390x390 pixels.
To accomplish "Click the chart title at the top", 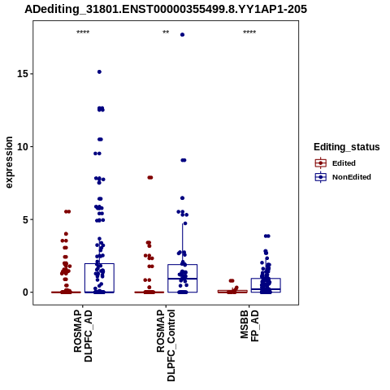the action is pos(166,9).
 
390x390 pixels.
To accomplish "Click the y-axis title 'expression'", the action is pos(9,162).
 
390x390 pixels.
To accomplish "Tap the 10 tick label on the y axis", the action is pos(23,146).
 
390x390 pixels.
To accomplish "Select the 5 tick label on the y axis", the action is pos(25,219).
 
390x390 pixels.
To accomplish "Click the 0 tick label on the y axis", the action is pos(25,292).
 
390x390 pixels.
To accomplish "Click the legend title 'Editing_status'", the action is pos(347,147).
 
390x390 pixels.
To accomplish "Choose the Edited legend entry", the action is pos(335,163).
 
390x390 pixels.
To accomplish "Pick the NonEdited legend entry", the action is pos(343,177).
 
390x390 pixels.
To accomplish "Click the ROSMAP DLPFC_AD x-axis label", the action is pos(83,336).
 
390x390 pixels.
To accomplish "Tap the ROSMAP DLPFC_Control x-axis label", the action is pos(166,345).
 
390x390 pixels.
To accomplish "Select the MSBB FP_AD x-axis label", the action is pos(249,326).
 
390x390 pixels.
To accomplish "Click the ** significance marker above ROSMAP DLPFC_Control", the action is pos(166,32).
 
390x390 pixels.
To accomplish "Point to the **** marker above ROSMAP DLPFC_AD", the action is pos(83,32).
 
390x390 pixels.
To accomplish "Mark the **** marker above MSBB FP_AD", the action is pos(249,32).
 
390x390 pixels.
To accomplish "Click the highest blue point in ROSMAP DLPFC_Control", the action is pos(182,35).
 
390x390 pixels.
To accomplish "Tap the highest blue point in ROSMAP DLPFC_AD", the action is pos(99,71).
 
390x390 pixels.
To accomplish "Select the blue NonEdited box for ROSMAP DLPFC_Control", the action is pos(183,279).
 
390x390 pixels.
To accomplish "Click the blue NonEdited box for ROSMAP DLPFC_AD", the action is pos(99,278).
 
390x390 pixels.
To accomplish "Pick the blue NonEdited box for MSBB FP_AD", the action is pos(266,285).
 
